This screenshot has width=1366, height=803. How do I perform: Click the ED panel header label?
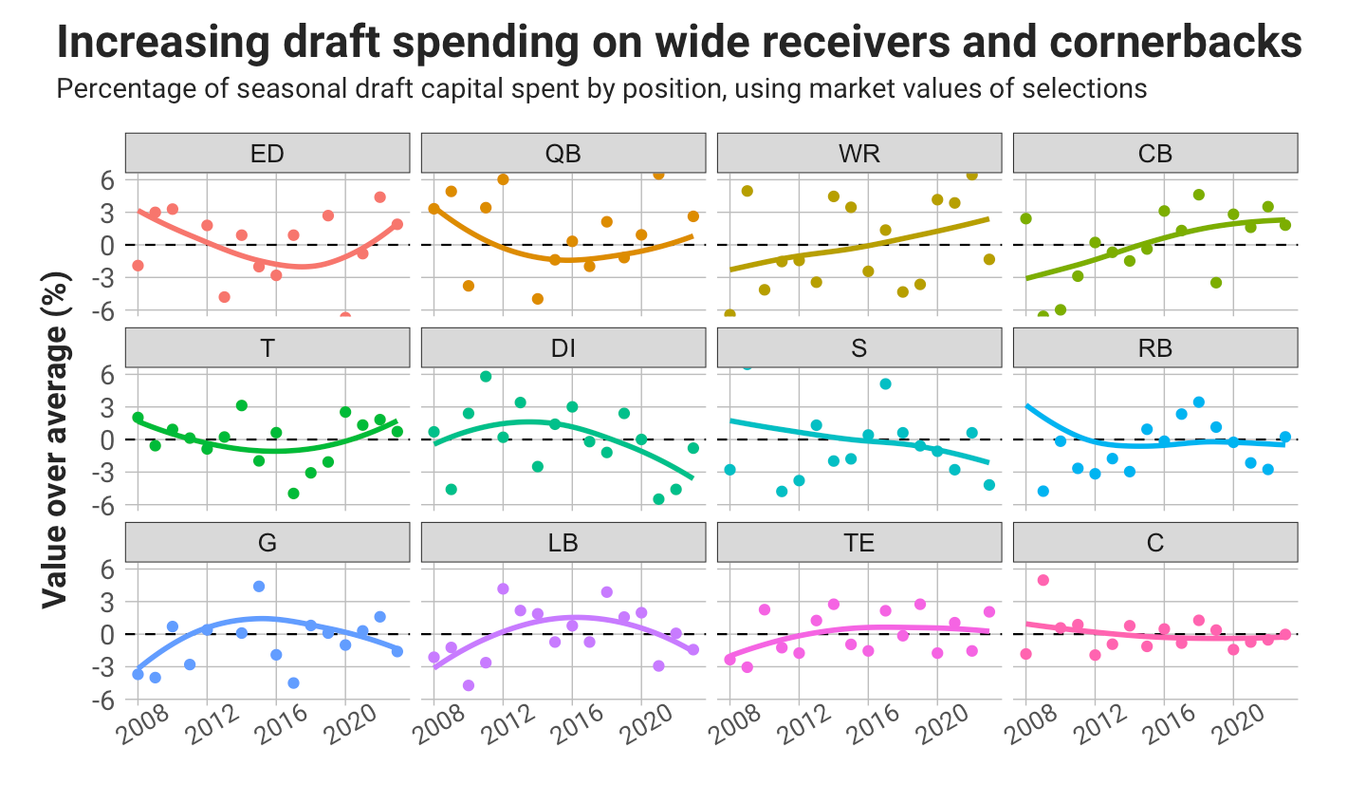click(267, 154)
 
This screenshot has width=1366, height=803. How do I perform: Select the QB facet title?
click(563, 154)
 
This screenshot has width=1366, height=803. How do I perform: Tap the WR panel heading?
click(858, 154)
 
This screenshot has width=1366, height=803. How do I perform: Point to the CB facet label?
click(1154, 154)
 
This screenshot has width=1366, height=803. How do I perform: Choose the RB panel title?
click(1154, 348)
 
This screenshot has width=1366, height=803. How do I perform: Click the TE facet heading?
click(858, 543)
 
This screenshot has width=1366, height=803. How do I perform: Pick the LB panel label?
click(563, 543)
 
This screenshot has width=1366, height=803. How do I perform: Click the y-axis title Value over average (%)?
click(55, 439)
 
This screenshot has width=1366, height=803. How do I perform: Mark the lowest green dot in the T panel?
click(293, 494)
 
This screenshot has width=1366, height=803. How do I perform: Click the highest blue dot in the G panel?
click(259, 587)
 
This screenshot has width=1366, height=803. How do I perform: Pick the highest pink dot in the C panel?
click(1043, 580)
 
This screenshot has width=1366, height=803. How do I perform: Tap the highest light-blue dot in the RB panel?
click(1198, 402)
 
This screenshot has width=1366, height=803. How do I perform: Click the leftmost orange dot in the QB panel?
click(434, 209)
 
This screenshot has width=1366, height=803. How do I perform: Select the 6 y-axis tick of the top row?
click(106, 180)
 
